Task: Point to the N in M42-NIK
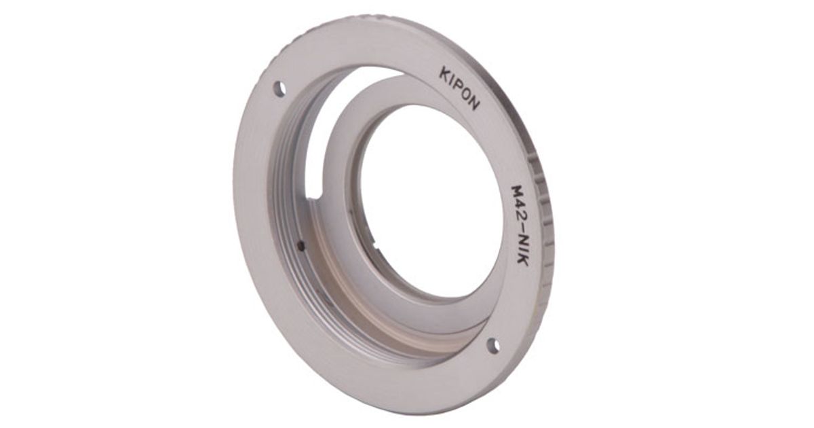pos(521,242)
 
